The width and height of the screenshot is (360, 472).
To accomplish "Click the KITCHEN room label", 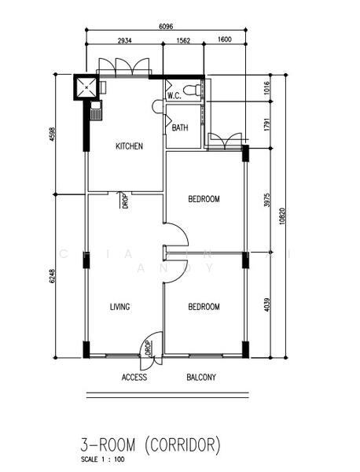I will [129, 146].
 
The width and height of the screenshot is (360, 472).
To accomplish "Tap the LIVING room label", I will [119, 307].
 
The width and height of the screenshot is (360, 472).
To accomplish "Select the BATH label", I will [180, 127].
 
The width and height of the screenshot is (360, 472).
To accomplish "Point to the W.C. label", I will [174, 96].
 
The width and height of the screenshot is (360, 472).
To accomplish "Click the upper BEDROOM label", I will [204, 200].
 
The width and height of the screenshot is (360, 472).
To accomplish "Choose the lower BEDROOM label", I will [204, 307].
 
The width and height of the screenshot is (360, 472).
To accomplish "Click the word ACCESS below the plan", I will [134, 378].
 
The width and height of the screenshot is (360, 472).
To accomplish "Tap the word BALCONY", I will [201, 378].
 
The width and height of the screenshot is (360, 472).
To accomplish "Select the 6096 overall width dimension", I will [166, 26].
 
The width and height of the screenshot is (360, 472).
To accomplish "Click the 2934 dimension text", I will [124, 39].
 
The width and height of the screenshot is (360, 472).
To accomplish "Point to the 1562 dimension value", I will [183, 39].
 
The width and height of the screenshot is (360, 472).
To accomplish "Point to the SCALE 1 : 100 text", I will [102, 459].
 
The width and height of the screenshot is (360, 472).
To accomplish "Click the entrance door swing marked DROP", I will [149, 347].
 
